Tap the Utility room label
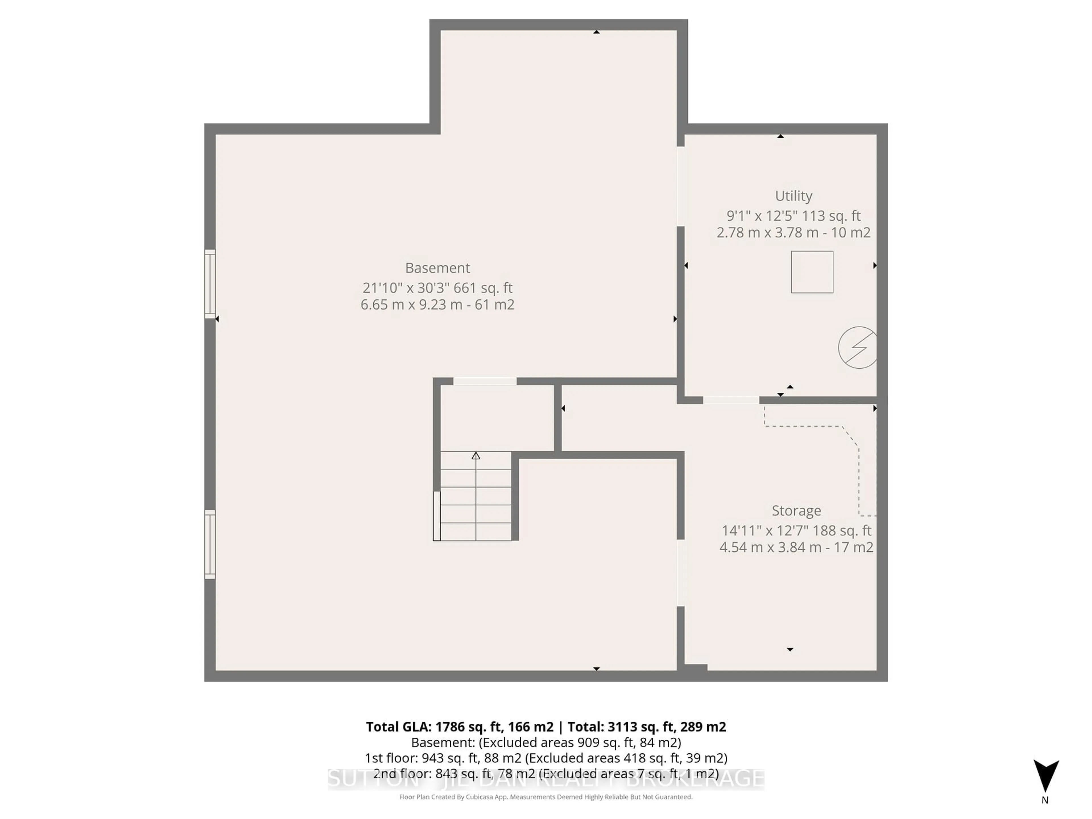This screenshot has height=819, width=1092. tap(793, 196)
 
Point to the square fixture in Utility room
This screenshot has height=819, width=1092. tap(812, 272)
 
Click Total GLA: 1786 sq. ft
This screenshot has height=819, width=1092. tap(459, 727)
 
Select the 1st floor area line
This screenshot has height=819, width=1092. tap(545, 758)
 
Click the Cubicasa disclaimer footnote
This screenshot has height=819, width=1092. tap(545, 797)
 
